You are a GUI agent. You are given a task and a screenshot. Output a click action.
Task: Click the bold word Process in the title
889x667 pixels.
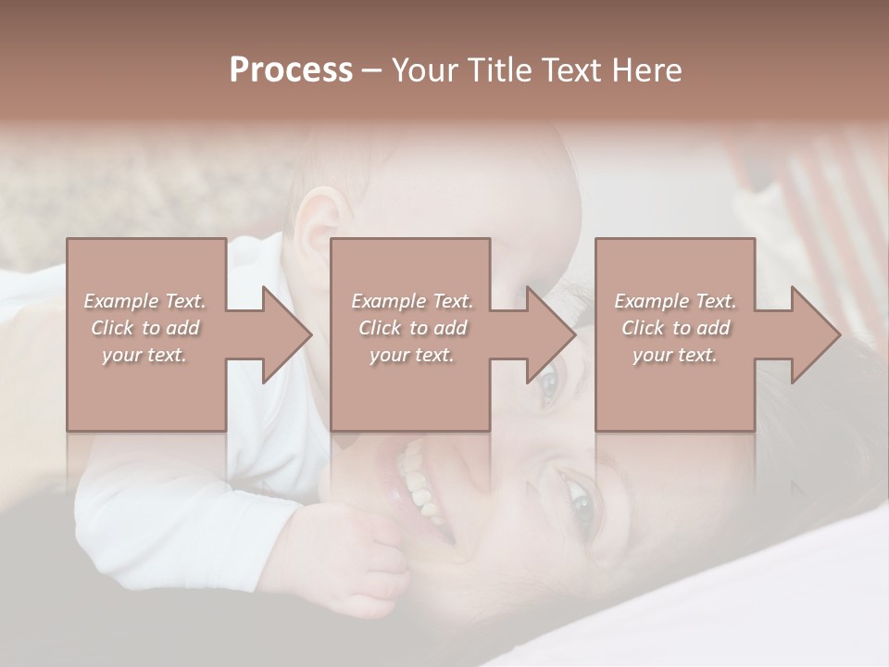(291, 70)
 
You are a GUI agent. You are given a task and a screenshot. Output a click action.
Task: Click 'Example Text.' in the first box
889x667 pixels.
(145, 301)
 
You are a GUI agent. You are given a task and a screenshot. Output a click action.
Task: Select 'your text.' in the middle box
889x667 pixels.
(411, 355)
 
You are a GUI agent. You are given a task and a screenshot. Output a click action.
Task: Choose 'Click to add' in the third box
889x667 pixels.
(675, 328)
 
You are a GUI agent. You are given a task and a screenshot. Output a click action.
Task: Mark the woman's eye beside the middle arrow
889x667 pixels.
(548, 382)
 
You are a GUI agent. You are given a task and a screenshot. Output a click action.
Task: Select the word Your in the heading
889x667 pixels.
(422, 70)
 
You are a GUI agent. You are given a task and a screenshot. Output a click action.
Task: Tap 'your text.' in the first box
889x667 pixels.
(144, 355)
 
